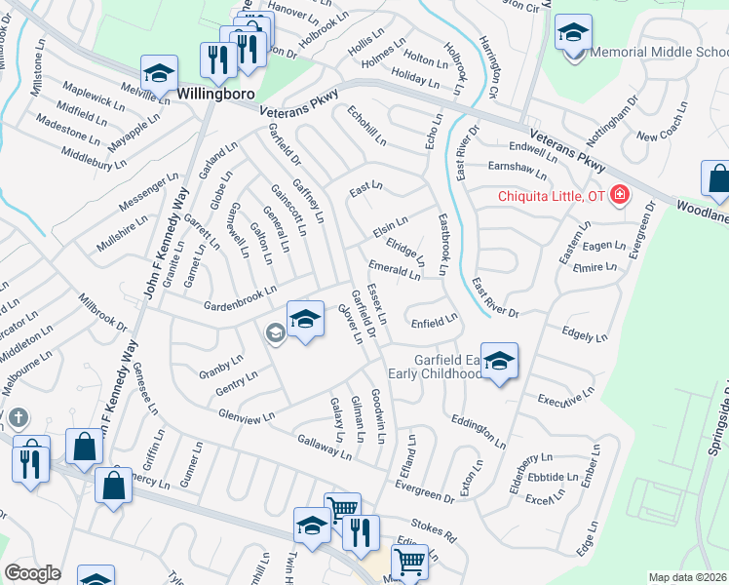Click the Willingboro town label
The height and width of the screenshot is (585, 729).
coord(215,94)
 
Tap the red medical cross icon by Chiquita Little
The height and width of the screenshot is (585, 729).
coord(619,196)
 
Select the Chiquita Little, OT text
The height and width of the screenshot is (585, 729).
coord(552,196)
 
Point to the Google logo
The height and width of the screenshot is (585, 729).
coord(32,573)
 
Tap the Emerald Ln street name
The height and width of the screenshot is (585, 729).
coord(394,269)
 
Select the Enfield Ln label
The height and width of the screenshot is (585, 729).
coord(434,320)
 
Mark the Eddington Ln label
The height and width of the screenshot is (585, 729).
coord(479,429)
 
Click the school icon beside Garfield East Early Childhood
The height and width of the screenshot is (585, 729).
coord(499,363)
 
